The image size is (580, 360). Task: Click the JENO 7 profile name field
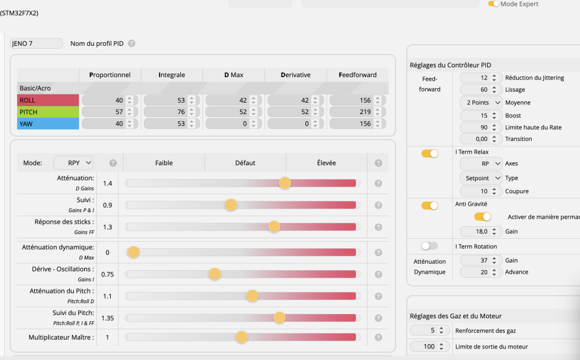click(37, 43)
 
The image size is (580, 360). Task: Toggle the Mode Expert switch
click(494, 4)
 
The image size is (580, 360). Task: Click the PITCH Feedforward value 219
click(351, 112)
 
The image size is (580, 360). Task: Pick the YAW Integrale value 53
click(165, 123)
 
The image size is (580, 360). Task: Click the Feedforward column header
click(357, 75)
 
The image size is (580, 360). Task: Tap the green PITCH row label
click(48, 112)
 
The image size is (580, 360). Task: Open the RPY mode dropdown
click(73, 163)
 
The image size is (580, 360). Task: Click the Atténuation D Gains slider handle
click(285, 183)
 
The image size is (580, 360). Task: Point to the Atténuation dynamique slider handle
click(133, 252)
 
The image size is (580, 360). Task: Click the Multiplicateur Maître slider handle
click(241, 337)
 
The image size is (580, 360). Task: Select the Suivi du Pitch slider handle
click(280, 318)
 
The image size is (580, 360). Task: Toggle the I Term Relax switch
click(430, 154)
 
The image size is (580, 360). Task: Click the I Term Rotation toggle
click(430, 246)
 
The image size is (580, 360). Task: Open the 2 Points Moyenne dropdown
click(481, 103)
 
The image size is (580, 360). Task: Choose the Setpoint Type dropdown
click(481, 178)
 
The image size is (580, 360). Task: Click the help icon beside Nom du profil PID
click(132, 43)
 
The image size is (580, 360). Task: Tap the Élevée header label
click(325, 163)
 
